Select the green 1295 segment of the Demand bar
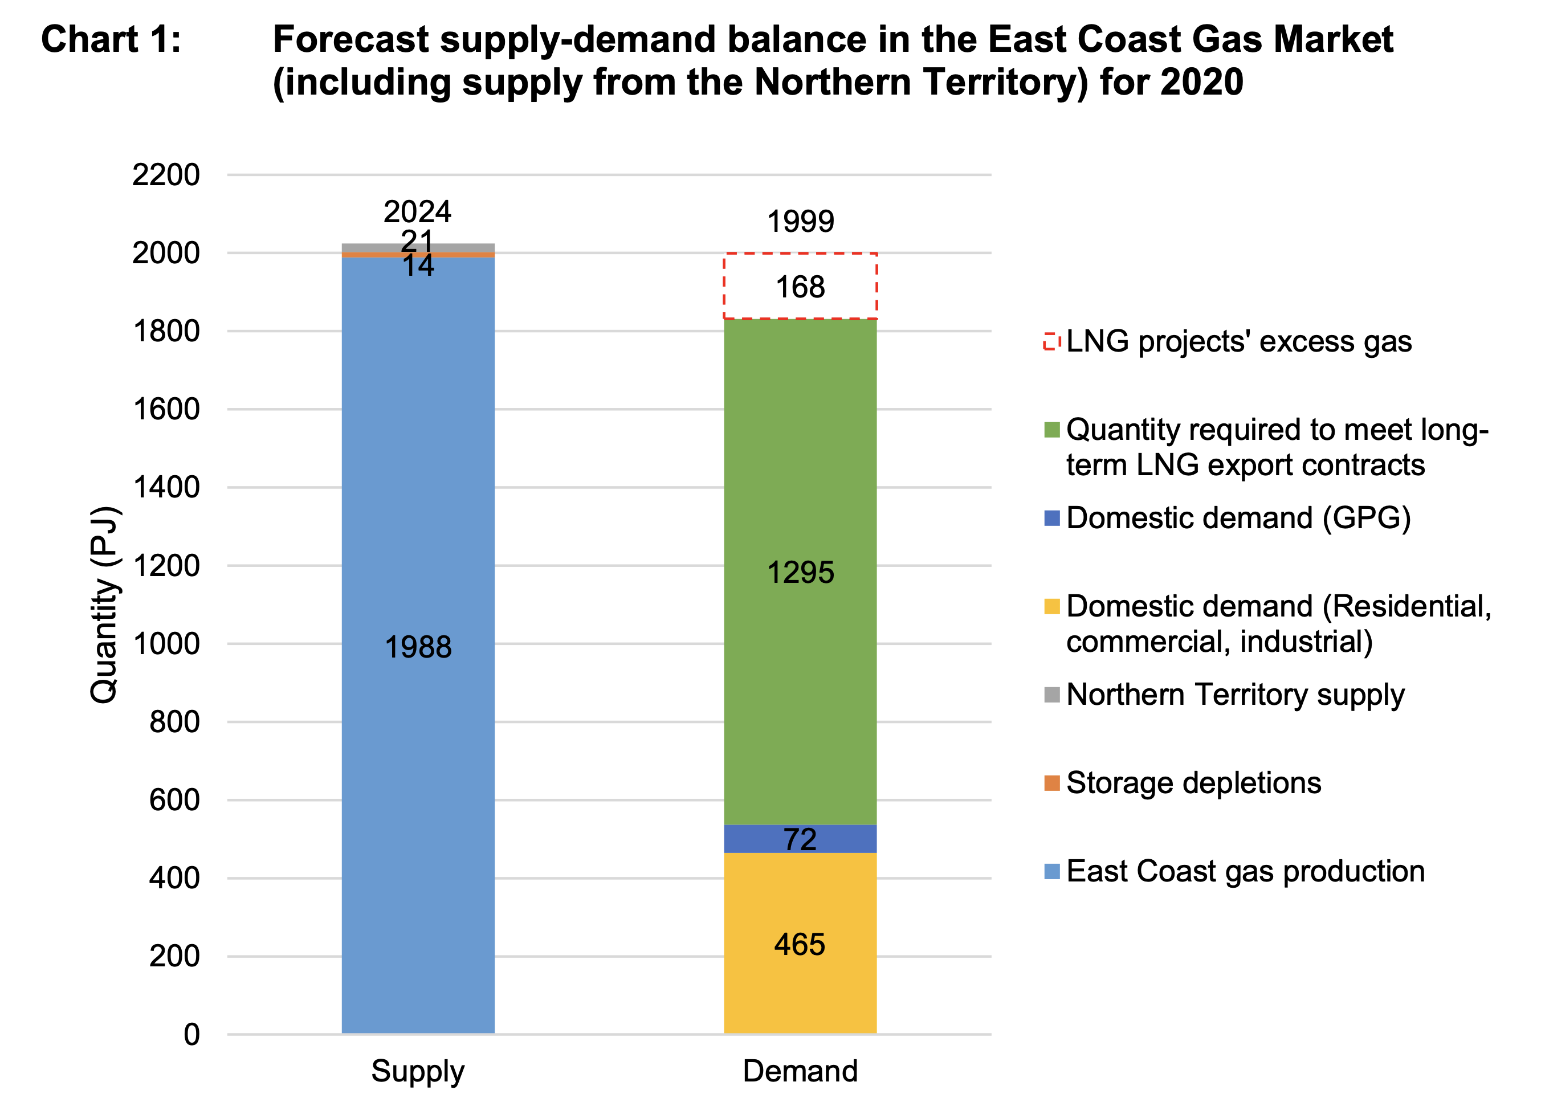pos(800,673)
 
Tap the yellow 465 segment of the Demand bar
pos(800,977)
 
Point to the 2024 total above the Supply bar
pos(417,212)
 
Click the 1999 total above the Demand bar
pos(801,222)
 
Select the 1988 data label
pos(418,647)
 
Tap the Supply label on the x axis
pos(418,1071)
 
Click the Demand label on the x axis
pos(800,1071)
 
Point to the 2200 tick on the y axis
pos(166,175)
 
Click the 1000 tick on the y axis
pos(166,644)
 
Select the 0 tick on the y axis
pos(191,1035)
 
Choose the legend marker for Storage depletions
pos(1051,783)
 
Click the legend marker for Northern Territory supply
pos(1051,695)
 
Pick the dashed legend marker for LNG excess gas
pos(1051,341)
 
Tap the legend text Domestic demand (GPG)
pos(1238,518)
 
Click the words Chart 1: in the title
pos(111,39)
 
